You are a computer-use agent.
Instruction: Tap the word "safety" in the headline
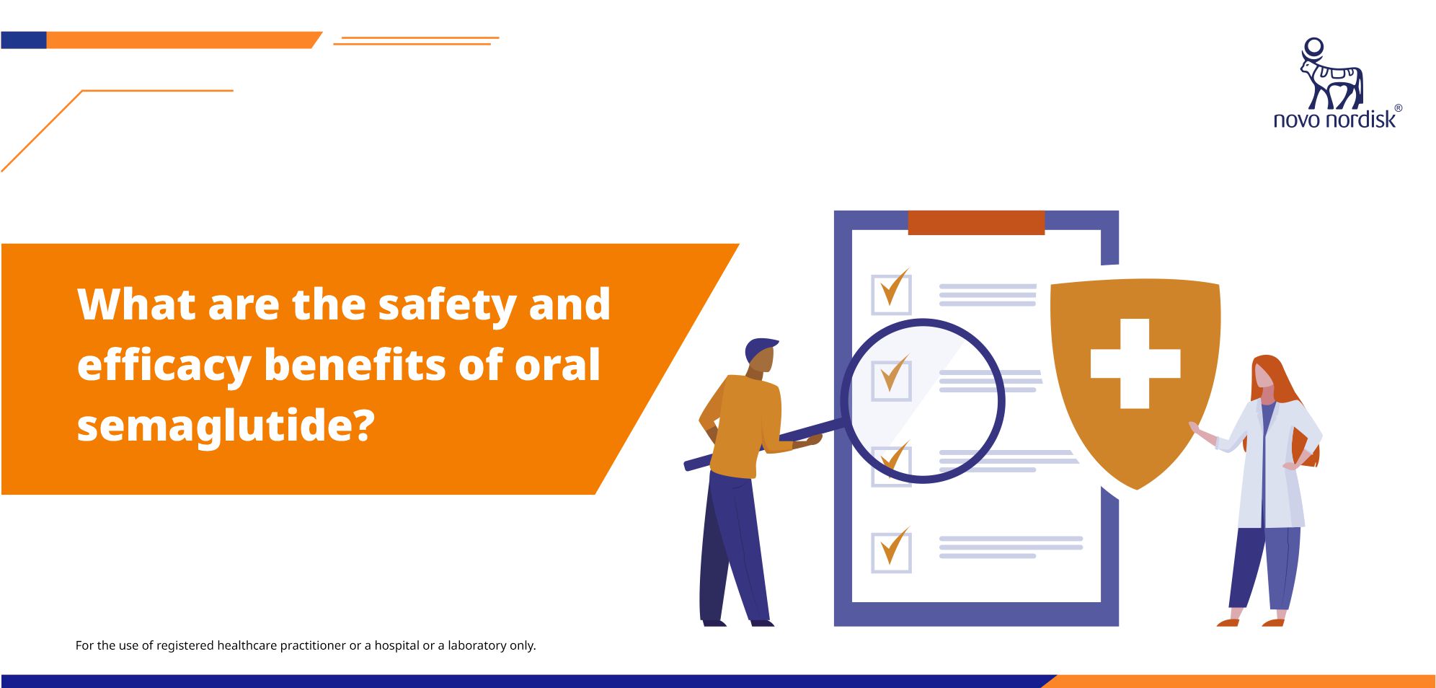click(447, 306)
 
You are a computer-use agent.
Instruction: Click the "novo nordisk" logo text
click(1334, 119)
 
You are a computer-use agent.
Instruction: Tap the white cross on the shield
click(1135, 363)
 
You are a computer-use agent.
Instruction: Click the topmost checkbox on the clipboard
click(891, 294)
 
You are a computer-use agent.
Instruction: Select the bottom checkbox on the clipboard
click(891, 552)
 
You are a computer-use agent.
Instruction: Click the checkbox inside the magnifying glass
click(891, 380)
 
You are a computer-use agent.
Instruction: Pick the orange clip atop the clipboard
click(976, 223)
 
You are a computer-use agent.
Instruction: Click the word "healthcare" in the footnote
click(247, 645)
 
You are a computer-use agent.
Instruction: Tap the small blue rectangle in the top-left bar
click(24, 40)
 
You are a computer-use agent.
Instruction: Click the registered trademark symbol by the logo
click(1399, 108)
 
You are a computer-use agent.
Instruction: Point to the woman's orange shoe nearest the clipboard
click(1228, 622)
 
